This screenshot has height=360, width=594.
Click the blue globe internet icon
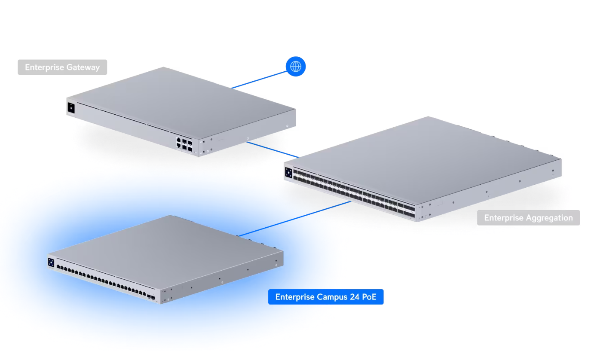295,66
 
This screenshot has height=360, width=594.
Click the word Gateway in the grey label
83,67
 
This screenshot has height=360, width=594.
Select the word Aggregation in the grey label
549,218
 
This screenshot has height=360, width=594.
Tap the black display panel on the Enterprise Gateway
71,108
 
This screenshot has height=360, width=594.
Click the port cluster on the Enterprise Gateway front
184,144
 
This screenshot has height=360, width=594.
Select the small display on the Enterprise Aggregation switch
288,173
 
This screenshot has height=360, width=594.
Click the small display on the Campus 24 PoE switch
51,262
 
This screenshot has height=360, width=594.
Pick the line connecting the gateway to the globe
259,79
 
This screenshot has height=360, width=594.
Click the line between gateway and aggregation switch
273,149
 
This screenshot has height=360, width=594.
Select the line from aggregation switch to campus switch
294,219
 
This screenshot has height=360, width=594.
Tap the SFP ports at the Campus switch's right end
151,297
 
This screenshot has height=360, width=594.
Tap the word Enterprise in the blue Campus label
295,297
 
